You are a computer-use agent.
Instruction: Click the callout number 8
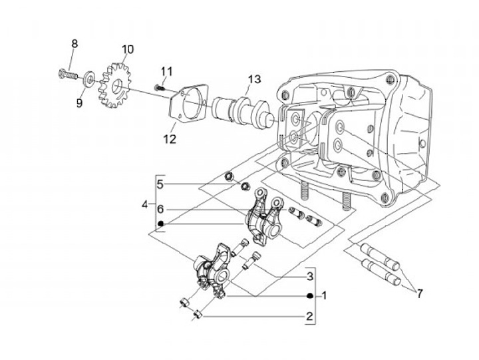click(75, 44)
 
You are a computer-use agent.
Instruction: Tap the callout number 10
click(128, 49)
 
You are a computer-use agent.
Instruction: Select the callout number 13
click(254, 79)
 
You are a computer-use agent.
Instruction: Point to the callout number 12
click(170, 139)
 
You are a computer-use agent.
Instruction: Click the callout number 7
click(420, 294)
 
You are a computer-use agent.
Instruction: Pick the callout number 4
click(145, 204)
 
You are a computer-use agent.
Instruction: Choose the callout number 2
click(309, 316)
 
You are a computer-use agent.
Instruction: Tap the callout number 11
click(167, 72)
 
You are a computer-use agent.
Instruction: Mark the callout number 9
click(79, 103)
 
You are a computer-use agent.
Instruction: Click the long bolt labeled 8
click(67, 74)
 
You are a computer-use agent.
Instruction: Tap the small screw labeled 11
click(160, 89)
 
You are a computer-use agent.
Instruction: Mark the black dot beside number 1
click(310, 296)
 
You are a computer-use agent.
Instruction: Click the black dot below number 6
click(161, 224)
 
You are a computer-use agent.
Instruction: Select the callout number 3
click(310, 276)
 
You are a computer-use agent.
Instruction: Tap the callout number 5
click(161, 184)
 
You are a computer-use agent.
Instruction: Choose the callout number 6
click(161, 210)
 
